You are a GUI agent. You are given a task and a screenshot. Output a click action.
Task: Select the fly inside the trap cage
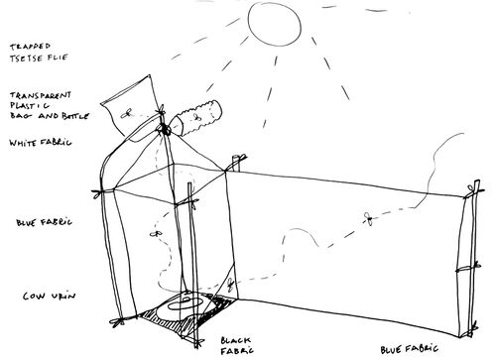pos(157,233)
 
